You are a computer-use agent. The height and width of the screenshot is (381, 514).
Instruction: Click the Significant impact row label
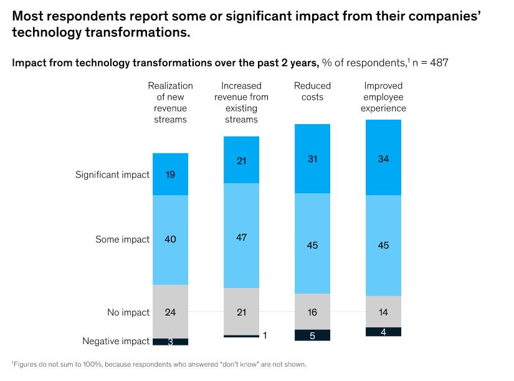pos(113,175)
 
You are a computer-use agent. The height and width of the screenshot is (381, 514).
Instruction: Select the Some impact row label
pos(123,239)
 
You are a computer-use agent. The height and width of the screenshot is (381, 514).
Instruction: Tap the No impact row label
pos(128,312)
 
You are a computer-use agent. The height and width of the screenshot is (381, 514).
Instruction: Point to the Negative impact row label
pos(116,341)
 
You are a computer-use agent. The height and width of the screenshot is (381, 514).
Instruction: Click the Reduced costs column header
pos(312,91)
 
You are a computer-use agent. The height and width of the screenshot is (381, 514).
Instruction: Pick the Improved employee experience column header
pos(383,97)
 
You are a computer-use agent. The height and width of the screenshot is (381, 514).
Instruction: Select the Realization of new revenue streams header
pos(170,102)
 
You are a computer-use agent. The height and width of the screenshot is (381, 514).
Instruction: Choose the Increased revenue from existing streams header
pos(241,102)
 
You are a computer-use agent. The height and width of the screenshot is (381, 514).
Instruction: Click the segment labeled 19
pos(170,175)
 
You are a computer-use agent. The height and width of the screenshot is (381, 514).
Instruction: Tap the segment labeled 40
pos(170,239)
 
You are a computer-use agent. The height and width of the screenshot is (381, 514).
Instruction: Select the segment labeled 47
pos(241,237)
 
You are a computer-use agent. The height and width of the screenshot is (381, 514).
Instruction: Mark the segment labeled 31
pos(312,159)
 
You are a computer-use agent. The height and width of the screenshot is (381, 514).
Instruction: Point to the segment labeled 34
pos(383,159)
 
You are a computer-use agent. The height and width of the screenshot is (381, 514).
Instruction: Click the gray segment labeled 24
pos(170,312)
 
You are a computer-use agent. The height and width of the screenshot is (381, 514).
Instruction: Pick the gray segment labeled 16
pos(312,312)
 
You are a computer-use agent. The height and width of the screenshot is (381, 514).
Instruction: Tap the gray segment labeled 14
pos(383,312)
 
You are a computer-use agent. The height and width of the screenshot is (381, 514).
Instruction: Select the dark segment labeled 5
pos(312,335)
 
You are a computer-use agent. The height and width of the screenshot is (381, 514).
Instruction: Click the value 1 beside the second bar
pos(265,336)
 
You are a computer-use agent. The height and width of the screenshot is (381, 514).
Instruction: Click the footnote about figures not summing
pos(159,364)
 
